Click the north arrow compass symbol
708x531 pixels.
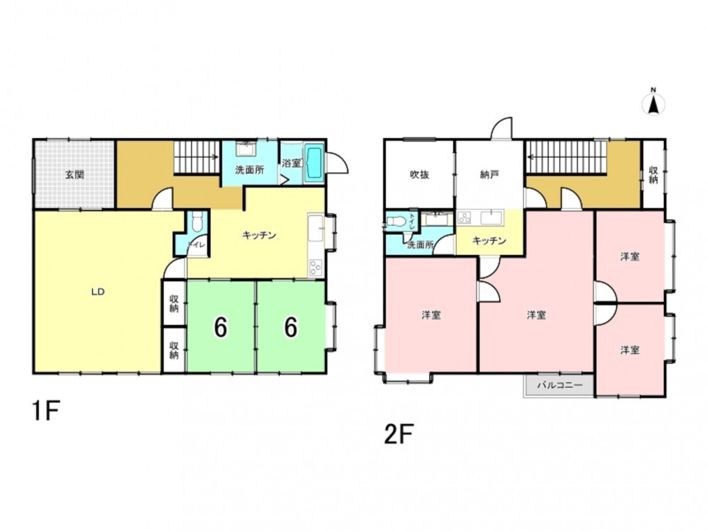[x=653, y=103]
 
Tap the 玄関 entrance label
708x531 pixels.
[x=74, y=174]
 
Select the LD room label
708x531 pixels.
[x=98, y=292]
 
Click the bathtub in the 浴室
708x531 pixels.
[x=314, y=164]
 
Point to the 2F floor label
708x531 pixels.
[x=399, y=435]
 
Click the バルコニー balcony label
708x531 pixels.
[x=559, y=386]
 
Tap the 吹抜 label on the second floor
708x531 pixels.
[x=419, y=175]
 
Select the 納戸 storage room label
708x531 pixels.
[x=489, y=175]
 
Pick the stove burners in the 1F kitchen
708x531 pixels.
[x=315, y=268]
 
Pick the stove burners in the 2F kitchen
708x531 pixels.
[x=464, y=218]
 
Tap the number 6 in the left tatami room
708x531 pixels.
[x=220, y=327]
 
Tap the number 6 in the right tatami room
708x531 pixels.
[x=291, y=327]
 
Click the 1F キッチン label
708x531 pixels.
[x=258, y=235]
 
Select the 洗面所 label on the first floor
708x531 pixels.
[x=249, y=170]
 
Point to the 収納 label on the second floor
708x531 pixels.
[x=653, y=175]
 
